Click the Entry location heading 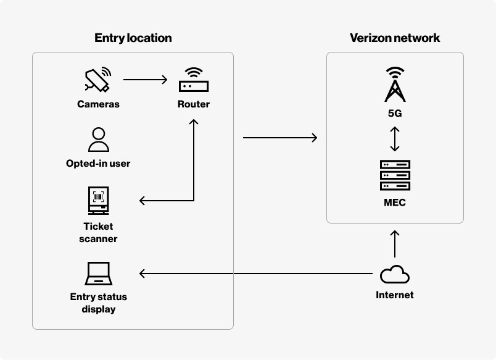click(133, 38)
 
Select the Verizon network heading click(395, 38)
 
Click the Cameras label click(98, 104)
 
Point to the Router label click(194, 104)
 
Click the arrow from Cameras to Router click(146, 79)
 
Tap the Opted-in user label click(98, 164)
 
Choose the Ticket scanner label click(98, 232)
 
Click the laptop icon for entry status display click(98, 274)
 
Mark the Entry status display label click(98, 303)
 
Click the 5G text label click(395, 114)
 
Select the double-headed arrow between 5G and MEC click(395, 139)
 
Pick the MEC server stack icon click(395, 175)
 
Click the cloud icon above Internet click(395, 274)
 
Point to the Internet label click(395, 295)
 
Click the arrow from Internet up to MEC click(395, 243)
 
